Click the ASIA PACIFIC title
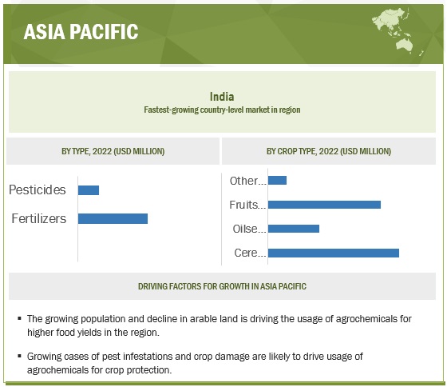coord(81,31)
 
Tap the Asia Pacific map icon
coord(398,31)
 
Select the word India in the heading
coord(222,97)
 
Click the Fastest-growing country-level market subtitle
coord(222,110)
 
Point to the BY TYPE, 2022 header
coord(113,151)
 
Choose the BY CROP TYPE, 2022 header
coord(329,151)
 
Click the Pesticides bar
coord(89,190)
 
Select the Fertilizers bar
coord(113,219)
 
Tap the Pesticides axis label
coord(38,190)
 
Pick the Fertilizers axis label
coord(39,218)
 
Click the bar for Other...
coord(278,180)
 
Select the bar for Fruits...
coord(324,205)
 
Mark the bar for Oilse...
coord(294,229)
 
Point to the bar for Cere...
coord(334,253)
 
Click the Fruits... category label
coord(247,205)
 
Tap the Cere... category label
coord(250,253)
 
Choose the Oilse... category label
coord(249,229)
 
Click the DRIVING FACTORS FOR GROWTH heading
coord(222,286)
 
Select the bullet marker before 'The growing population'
coord(19,318)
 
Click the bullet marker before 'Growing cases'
coord(19,356)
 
